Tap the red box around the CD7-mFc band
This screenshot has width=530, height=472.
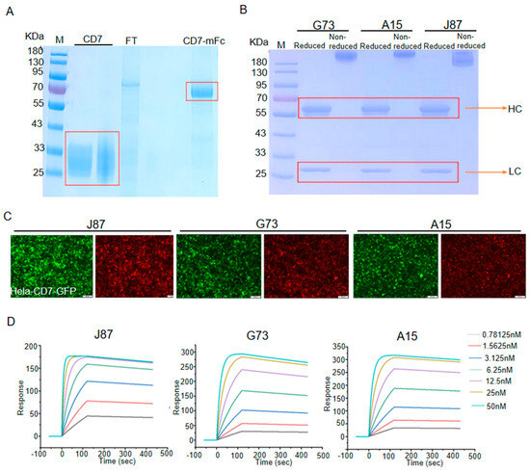pyautogui.click(x=201, y=91)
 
